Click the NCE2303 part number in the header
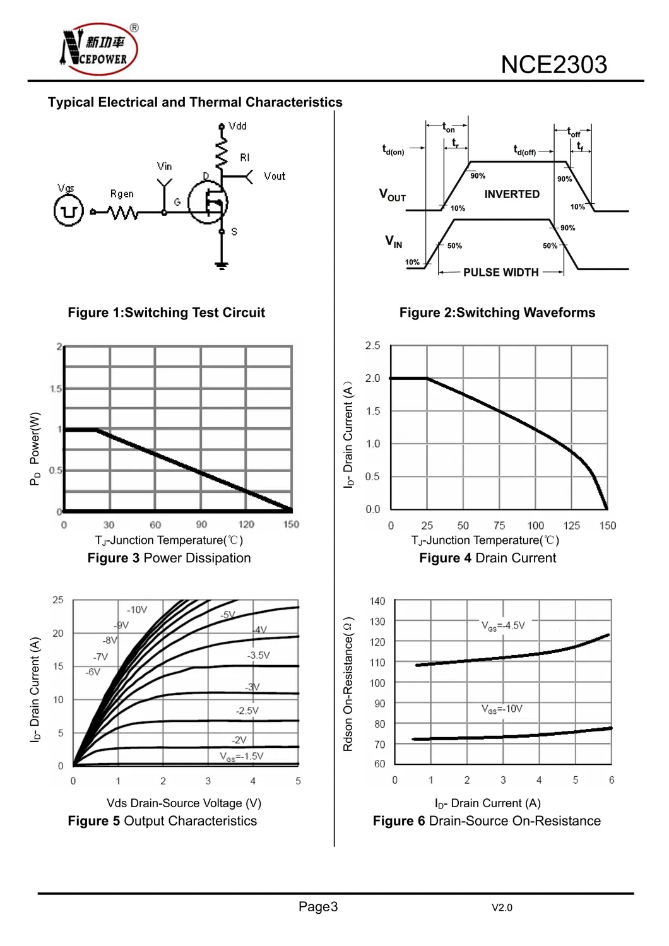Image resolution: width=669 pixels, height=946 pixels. point(554,65)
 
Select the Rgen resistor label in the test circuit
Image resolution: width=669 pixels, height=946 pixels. point(122,194)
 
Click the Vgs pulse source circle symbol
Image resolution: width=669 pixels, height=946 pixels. point(68,211)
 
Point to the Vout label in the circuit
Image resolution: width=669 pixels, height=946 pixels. point(275,177)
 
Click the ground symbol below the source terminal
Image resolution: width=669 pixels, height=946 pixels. point(222,264)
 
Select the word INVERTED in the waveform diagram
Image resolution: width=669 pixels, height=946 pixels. point(512,194)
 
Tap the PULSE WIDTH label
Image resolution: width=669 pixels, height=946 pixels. point(500,273)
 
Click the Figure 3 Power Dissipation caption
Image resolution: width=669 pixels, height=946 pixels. point(169,559)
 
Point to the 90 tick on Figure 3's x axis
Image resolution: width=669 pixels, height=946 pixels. point(201,524)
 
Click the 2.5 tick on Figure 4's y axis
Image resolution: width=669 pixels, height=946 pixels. point(372,346)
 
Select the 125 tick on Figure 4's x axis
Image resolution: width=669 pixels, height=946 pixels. point(572,526)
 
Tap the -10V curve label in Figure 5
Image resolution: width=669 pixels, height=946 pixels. point(137,610)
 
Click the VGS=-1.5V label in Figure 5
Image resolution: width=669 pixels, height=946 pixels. point(242,757)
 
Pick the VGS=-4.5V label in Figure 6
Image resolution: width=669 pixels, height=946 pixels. point(503,626)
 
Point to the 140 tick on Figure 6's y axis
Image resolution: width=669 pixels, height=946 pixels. point(377,601)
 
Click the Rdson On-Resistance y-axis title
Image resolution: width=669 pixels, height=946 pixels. point(348,685)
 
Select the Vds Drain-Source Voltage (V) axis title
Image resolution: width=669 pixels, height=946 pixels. point(184,803)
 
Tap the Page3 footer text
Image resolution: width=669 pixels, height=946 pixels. point(318,907)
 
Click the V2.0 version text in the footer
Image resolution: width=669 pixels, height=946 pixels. point(502,908)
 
